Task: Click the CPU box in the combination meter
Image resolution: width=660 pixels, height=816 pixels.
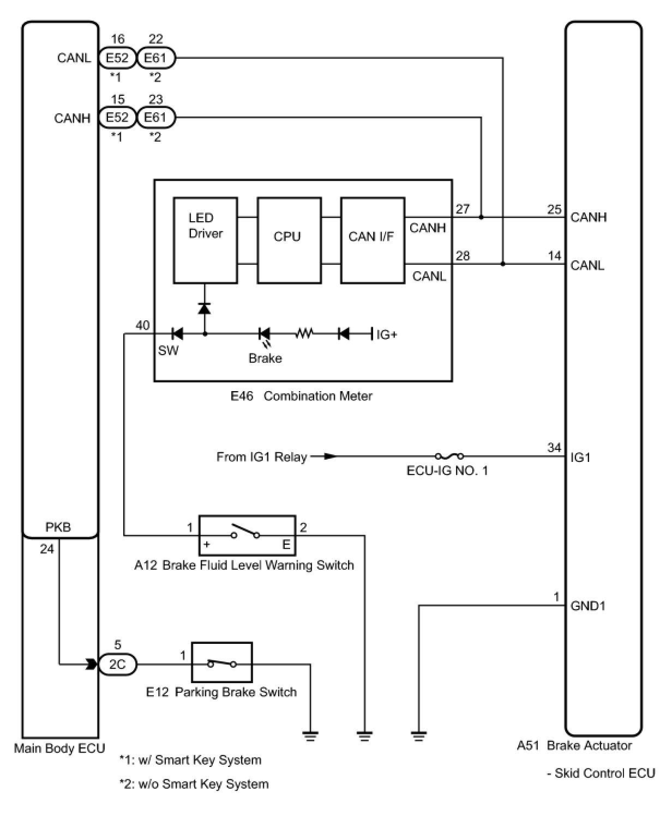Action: pos(289,240)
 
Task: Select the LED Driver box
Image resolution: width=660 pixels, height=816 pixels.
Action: pos(205,240)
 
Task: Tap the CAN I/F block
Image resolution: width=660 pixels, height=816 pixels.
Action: pos(373,240)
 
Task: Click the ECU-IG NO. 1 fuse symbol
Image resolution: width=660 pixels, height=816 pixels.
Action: pos(449,456)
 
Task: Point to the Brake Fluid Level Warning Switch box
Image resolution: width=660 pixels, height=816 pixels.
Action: pos(247,535)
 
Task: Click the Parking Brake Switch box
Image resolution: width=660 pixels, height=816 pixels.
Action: pos(221,662)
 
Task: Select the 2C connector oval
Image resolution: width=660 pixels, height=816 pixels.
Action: pos(117,665)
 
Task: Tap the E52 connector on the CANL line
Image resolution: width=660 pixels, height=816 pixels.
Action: pos(117,58)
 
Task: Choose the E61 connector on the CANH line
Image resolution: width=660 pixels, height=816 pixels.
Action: pos(156,118)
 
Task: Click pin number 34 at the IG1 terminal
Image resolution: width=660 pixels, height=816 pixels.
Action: pos(554,448)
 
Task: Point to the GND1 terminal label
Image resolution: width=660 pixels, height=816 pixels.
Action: pos(587,606)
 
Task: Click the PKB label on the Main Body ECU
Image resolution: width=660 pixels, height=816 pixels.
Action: pos(58,527)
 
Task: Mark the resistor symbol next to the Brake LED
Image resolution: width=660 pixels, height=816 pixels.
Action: pos(304,333)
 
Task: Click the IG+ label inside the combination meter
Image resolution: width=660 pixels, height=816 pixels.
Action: pos(386,334)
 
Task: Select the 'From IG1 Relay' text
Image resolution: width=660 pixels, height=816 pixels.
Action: pos(261,456)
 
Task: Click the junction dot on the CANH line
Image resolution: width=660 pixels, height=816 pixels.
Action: pos(481,217)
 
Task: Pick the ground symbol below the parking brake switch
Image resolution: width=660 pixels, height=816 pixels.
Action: pos(310,736)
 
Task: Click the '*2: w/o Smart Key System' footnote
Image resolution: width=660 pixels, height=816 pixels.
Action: pos(194,784)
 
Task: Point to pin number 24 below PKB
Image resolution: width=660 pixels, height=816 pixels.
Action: pos(47,549)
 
